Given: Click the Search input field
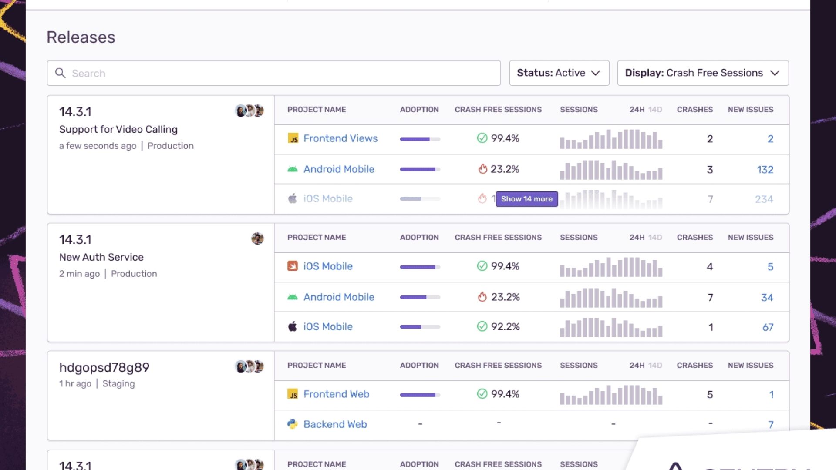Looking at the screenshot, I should pos(279,73).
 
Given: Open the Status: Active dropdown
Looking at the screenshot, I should pos(559,73).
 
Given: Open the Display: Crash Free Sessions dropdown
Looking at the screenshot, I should pos(702,73).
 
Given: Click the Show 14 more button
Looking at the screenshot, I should pos(526,199).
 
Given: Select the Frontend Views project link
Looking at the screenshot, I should pos(340,138).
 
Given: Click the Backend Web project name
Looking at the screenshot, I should pos(335,424).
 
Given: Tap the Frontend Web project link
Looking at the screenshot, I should pos(336,394).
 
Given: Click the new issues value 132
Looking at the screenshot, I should pos(765,170).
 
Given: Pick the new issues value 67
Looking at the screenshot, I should pos(768,327).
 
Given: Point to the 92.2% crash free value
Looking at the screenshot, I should pos(505,326).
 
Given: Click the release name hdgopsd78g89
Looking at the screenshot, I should pos(104,367).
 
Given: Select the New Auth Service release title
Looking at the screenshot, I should pos(101,257).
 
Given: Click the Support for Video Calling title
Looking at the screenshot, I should pos(118,129).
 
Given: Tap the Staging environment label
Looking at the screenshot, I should pos(118,383).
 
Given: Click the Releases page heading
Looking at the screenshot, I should pos(81,37).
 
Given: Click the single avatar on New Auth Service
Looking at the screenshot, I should pos(257,238).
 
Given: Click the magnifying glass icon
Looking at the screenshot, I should pos(61,73).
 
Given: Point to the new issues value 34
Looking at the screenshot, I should pos(767,298).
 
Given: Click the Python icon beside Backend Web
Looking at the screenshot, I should pos(293,424).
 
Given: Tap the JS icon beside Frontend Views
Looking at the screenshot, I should pos(293,138).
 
